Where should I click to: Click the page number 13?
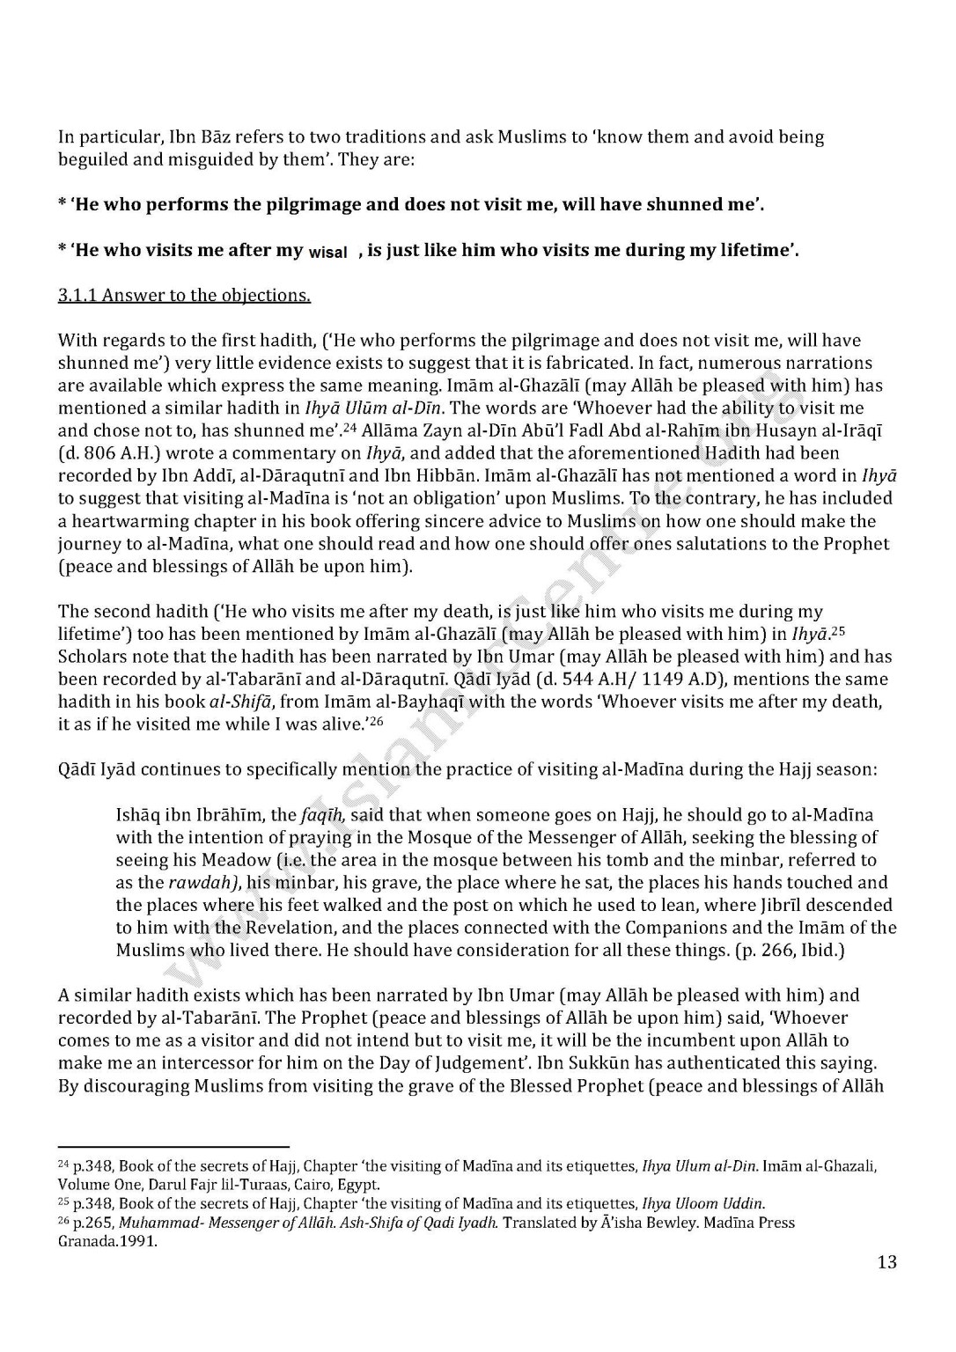(886, 1262)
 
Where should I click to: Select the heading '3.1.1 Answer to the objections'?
(184, 296)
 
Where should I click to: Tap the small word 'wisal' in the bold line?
(328, 252)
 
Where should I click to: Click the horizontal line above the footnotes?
(173, 1147)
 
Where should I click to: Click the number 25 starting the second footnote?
(63, 1202)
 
